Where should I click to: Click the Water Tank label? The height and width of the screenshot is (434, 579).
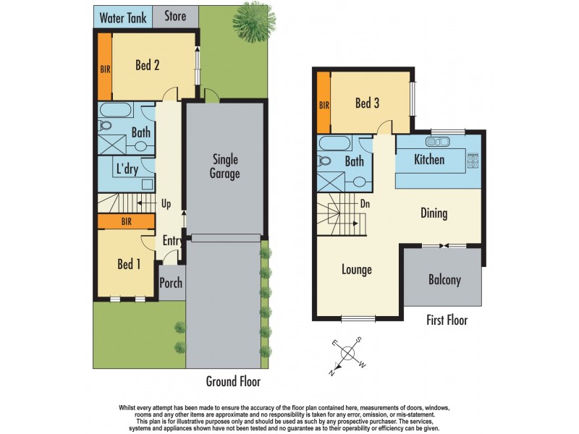pyautogui.click(x=122, y=17)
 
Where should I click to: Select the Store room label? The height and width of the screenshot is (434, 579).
pyautogui.click(x=174, y=16)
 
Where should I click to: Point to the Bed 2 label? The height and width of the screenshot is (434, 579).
pyautogui.click(x=147, y=65)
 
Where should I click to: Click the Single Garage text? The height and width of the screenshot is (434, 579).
pyautogui.click(x=225, y=166)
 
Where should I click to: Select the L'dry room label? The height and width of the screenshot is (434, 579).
pyautogui.click(x=127, y=170)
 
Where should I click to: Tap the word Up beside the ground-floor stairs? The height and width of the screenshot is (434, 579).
pyautogui.click(x=166, y=204)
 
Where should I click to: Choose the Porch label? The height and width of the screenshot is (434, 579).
pyautogui.click(x=171, y=283)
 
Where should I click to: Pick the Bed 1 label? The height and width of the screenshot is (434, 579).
pyautogui.click(x=129, y=264)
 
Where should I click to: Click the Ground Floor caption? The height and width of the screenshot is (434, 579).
pyautogui.click(x=233, y=381)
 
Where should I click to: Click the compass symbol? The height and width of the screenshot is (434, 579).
pyautogui.click(x=348, y=353)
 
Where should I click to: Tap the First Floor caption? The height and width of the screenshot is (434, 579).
pyautogui.click(x=447, y=320)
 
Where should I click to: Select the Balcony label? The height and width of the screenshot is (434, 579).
pyautogui.click(x=444, y=280)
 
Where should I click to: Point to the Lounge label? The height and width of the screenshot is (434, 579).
pyautogui.click(x=357, y=270)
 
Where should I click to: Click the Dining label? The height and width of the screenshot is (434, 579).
pyautogui.click(x=434, y=213)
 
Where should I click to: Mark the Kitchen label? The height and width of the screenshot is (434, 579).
pyautogui.click(x=429, y=159)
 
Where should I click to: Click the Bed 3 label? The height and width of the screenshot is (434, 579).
pyautogui.click(x=367, y=103)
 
